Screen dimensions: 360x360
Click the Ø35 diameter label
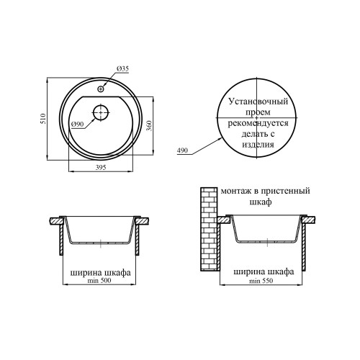(122, 69)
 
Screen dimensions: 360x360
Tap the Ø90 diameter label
(77, 124)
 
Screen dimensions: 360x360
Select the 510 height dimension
(43, 119)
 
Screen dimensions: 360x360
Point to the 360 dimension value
(149, 125)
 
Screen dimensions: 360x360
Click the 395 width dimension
(101, 167)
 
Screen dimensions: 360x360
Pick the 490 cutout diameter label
(182, 150)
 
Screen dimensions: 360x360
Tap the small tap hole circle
(101, 89)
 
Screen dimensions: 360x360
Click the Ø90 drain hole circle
(101, 112)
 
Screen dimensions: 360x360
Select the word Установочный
(258, 102)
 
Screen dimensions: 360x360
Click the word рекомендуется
(258, 123)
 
